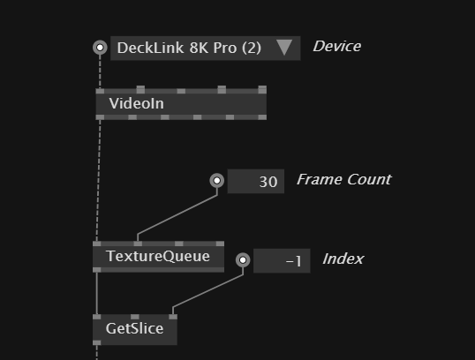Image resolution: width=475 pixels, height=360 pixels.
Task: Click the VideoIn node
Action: click(181, 103)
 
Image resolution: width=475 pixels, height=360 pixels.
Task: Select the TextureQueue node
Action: click(158, 257)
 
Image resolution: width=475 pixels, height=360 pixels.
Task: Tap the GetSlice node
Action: click(135, 329)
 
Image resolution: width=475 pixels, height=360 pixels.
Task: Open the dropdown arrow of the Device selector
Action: click(284, 48)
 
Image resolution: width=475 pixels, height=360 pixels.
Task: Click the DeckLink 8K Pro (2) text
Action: click(189, 48)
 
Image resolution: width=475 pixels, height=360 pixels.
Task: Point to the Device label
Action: click(337, 47)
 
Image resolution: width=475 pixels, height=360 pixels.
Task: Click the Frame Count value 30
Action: click(268, 182)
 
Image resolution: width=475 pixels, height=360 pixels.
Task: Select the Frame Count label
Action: click(343, 179)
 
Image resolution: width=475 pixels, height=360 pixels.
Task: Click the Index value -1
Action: click(293, 261)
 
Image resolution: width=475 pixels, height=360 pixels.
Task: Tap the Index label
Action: click(343, 259)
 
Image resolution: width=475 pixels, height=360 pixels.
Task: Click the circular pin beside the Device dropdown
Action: click(100, 48)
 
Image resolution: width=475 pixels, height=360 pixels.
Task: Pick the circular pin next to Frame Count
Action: click(217, 181)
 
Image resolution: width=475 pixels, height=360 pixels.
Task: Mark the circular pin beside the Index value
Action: click(243, 260)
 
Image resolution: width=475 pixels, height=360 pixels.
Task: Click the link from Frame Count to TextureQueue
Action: click(177, 214)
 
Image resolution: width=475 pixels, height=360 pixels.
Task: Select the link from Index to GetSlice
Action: click(207, 291)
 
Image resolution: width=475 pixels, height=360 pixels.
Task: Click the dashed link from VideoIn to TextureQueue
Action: click(99, 181)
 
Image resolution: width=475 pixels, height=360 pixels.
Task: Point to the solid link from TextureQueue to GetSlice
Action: click(96, 293)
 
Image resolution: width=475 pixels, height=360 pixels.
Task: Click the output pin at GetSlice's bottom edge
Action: click(96, 342)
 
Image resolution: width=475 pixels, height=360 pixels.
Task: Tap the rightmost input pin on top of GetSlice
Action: click(173, 317)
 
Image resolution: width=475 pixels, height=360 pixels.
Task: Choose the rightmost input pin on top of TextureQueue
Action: click(220, 244)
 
